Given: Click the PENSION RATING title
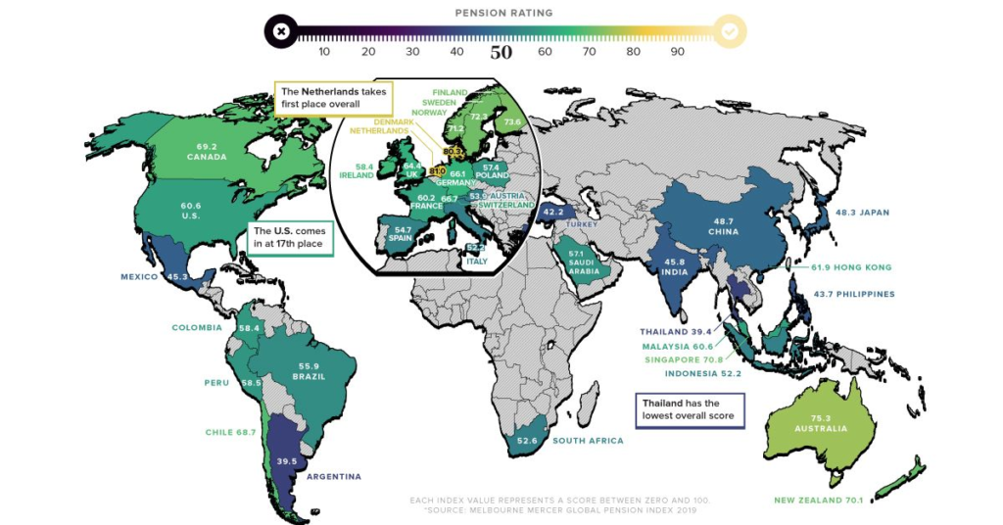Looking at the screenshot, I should pos(503,13).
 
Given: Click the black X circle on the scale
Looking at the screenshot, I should pos(281,31).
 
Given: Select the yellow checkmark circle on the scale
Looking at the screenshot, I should pos(730,31).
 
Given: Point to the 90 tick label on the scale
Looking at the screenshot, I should pos(677,52).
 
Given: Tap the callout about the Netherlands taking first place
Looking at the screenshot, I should pos(333,97).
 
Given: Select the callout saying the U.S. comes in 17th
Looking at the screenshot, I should pos(290,238).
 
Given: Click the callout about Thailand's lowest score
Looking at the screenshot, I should pos(690,409).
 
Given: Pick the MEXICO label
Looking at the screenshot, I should pos(139,277).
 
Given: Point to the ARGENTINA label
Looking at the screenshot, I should pos(334,477).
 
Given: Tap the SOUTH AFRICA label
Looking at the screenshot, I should pos(587,441).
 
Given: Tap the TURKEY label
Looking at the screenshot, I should pos(581,224).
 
